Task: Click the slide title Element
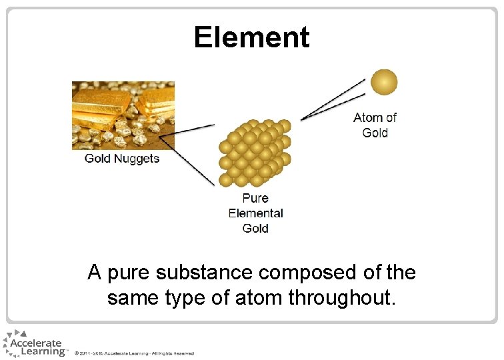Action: click(251, 37)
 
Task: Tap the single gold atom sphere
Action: click(383, 82)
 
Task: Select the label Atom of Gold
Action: click(375, 125)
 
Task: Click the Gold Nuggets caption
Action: click(122, 159)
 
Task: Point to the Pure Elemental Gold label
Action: click(255, 213)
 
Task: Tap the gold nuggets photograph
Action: click(123, 115)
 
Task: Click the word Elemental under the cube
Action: click(255, 213)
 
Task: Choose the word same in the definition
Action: click(133, 298)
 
